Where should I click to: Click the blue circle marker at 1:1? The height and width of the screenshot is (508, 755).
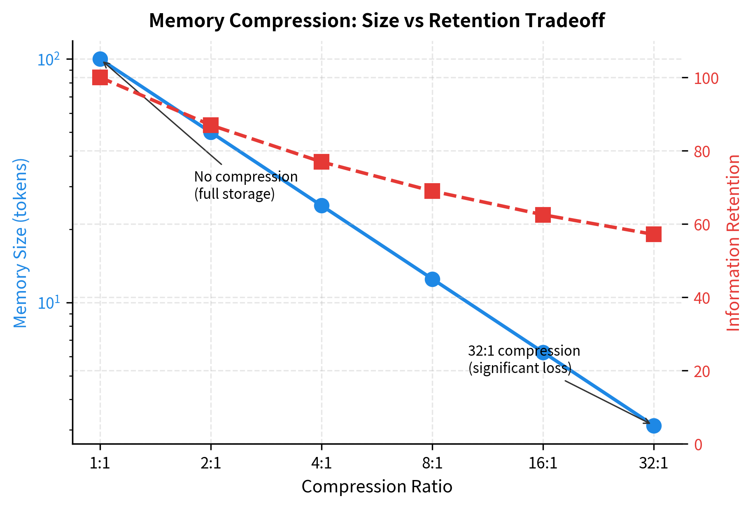[x=100, y=59]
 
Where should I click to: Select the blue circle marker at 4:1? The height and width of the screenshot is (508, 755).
[x=322, y=205]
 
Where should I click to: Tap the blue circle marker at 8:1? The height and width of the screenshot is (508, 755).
[x=432, y=279]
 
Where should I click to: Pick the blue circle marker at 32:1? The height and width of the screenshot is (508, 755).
[x=654, y=426]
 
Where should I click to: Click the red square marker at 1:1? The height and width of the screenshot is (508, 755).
[x=100, y=77]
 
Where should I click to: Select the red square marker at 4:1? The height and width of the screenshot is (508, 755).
[x=322, y=162]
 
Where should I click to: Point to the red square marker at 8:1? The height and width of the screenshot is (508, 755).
[x=432, y=191]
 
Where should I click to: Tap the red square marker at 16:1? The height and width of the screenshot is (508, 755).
[x=543, y=215]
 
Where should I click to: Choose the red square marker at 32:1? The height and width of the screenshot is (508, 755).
[x=654, y=234]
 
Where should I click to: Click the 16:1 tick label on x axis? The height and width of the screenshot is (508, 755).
[x=543, y=464]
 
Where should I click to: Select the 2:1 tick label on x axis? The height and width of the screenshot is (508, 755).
[x=211, y=464]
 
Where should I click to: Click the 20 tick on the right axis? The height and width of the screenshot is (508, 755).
[x=702, y=371]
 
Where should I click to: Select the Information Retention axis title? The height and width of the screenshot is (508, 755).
[x=733, y=243]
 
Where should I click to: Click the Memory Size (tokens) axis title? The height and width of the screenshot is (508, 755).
[x=20, y=243]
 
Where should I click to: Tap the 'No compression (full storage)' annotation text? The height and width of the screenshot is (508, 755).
[x=245, y=185]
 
